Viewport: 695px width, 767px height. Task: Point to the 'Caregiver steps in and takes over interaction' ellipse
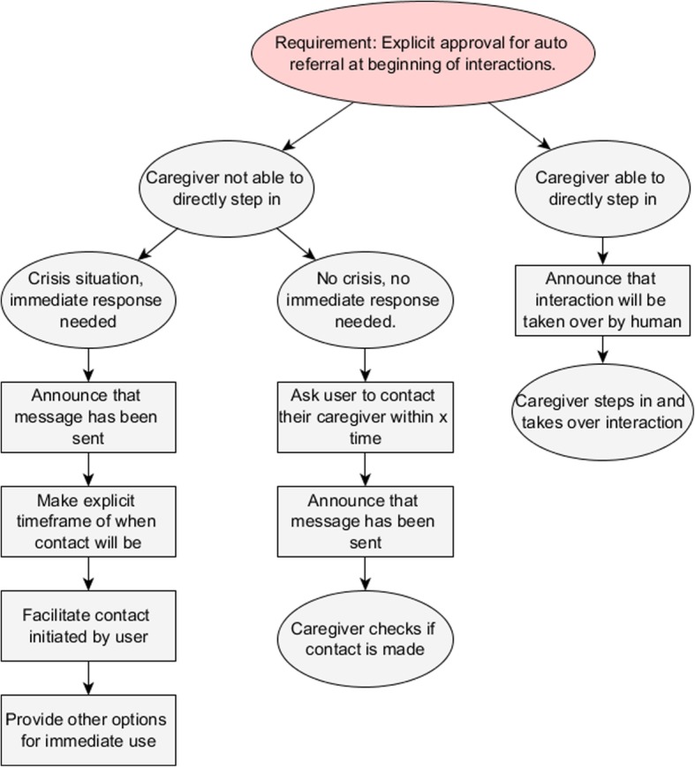(601, 411)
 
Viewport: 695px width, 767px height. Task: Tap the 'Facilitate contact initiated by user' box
(88, 626)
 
